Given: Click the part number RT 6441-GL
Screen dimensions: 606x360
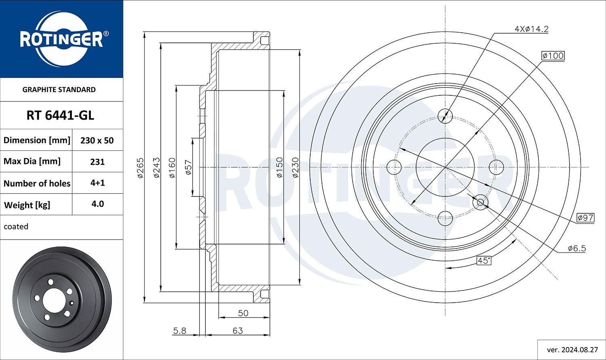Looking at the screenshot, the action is tap(60, 116).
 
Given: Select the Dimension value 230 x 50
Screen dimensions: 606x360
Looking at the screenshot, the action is tap(97, 140).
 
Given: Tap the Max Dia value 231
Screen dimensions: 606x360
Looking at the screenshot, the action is tap(97, 162).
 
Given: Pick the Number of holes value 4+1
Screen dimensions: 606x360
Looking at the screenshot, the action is tap(98, 183).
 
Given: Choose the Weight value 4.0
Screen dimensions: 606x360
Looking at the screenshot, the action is tap(98, 204).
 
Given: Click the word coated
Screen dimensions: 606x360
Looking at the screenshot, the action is tap(16, 226).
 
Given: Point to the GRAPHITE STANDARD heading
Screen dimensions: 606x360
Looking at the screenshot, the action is tap(59, 90).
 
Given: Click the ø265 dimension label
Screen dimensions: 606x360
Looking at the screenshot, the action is tap(141, 168).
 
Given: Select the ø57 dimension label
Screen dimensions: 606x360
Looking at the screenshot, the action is tap(189, 167).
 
